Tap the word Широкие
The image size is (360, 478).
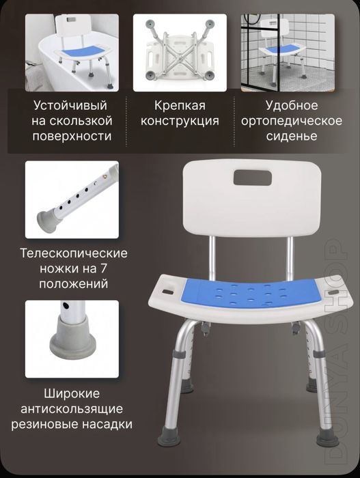[x=72, y=394]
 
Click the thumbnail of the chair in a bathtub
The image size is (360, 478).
[x=72, y=53]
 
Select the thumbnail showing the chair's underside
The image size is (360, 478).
[x=178, y=53]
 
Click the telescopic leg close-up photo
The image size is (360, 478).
[x=72, y=199]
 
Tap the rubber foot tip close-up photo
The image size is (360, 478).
[x=72, y=339]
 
